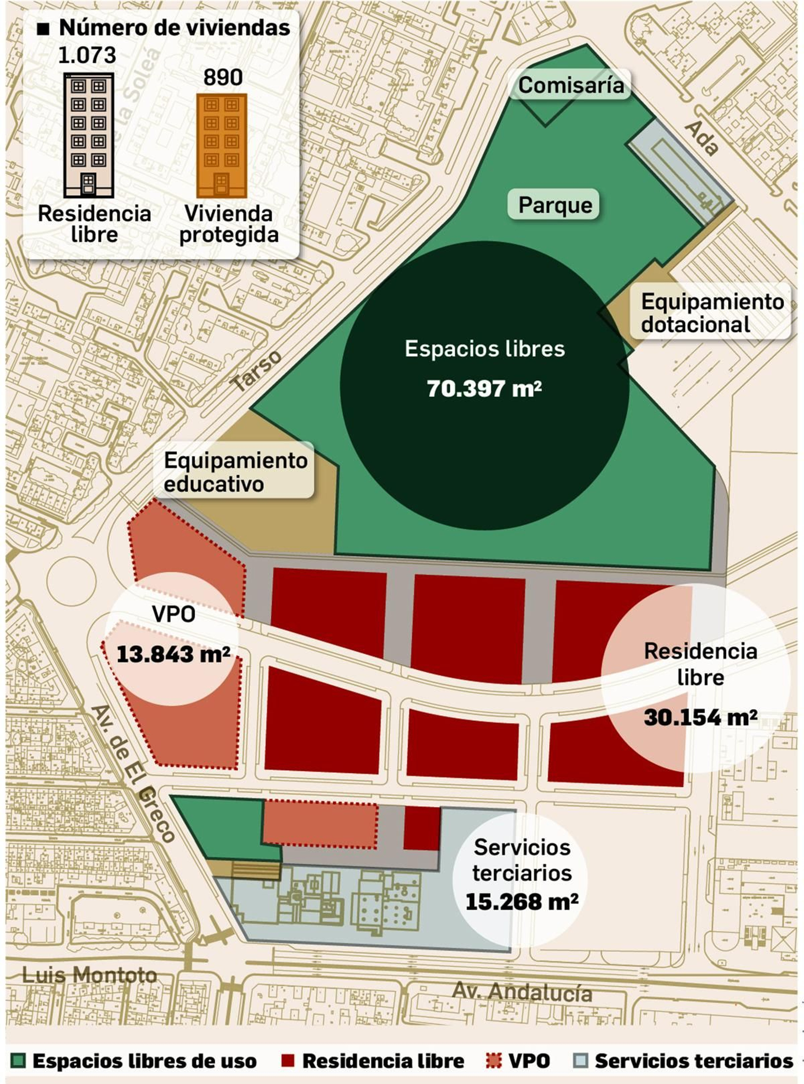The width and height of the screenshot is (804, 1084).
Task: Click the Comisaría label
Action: [x=571, y=85]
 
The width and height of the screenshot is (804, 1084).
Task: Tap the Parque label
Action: [x=555, y=205]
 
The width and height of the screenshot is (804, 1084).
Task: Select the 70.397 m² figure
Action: [x=484, y=388]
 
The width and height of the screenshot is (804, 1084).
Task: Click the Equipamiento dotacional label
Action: [x=712, y=313]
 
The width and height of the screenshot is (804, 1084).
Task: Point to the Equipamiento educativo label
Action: [x=235, y=472]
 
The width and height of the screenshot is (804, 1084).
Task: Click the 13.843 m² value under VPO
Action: [x=173, y=654]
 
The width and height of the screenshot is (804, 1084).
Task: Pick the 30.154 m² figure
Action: [x=700, y=717]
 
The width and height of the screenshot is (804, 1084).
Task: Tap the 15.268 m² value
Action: [x=522, y=902]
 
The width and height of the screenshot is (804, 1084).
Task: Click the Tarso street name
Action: [x=257, y=371]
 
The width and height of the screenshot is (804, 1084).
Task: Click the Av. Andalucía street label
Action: [x=522, y=992]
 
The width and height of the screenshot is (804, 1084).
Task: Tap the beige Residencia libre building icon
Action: [x=88, y=135]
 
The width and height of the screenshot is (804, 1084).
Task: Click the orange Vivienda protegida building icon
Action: [x=222, y=146]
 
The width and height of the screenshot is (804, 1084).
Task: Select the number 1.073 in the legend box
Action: [x=87, y=55]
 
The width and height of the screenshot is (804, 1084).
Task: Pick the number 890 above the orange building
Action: [x=223, y=77]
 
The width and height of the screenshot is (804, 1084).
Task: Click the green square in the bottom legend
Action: [x=18, y=1061]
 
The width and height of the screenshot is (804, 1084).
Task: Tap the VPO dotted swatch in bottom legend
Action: [x=494, y=1061]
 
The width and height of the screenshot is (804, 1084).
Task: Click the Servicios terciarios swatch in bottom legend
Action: [x=580, y=1061]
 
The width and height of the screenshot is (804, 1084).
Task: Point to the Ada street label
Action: [x=701, y=139]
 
